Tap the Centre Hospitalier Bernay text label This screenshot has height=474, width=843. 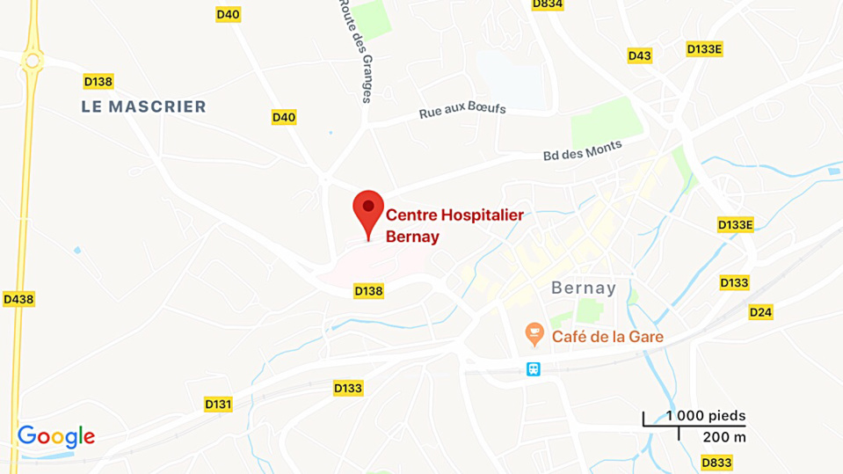pos(454,225)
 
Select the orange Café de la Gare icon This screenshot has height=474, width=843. pos(534,335)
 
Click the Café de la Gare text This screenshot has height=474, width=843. pos(607,336)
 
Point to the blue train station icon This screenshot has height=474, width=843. pos(534,369)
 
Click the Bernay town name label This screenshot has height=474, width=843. pos(584,288)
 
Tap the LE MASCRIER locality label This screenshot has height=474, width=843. pos(143,106)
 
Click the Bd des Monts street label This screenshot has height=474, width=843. pos(582,150)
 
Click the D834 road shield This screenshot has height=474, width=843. pos(548,4)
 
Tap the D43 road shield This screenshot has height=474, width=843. pos(640,55)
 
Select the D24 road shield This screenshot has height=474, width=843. pos(760,312)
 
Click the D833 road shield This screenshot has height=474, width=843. pos(716,462)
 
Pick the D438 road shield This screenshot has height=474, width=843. pos(18,299)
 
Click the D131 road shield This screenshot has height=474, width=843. pos(218,404)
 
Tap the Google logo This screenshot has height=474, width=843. pos(55,436)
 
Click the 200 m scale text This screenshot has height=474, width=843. pos(724,437)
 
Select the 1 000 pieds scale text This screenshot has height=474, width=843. pos(705,415)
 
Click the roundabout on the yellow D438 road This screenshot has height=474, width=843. pos(33,60)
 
